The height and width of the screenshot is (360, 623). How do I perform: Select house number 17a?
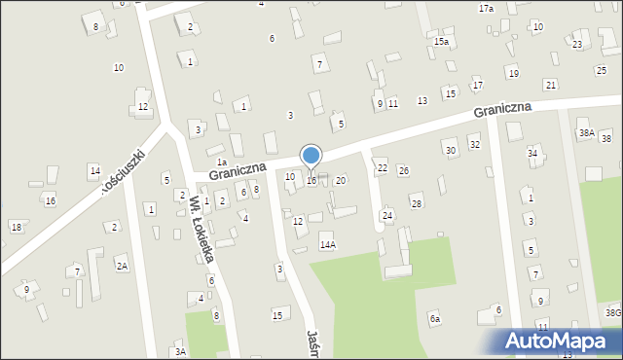pos(486,8)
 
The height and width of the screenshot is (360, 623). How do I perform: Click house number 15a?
pos(441,42)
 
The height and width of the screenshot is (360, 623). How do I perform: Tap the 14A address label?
pos(328,245)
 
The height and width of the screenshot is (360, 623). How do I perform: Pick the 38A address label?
pos(586,132)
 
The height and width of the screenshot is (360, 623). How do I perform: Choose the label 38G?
pos(612,312)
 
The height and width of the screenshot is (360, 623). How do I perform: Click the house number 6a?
pos(435,319)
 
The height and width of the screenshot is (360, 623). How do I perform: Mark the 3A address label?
pos(180,351)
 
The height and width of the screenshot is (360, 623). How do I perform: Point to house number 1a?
pos(222,162)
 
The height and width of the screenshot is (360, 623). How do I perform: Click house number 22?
pos(383,168)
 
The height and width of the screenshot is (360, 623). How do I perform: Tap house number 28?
pos(417,203)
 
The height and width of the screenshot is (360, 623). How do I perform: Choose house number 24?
pos(387,215)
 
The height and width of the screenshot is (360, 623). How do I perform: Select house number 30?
pos(450,150)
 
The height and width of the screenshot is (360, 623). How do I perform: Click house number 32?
pos(474,144)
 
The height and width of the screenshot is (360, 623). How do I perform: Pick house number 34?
pos(532,153)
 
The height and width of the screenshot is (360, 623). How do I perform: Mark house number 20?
pos(340,180)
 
